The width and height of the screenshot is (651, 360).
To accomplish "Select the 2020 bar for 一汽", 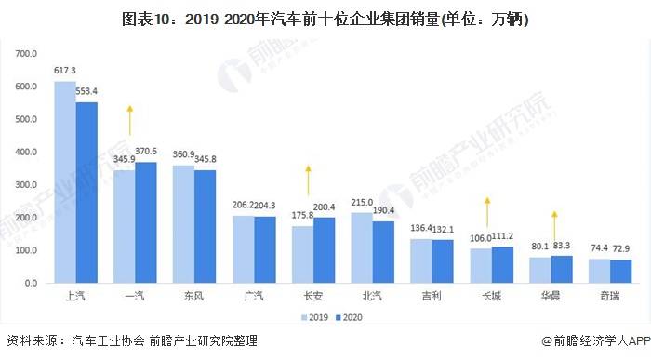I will coord(145,222).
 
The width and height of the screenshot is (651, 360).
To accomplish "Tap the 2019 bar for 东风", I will coord(183,224).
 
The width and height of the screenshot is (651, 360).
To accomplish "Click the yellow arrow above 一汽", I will coord(131,122).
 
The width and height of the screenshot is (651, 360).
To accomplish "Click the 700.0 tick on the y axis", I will coord(25,54).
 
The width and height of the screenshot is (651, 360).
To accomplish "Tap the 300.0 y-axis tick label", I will coord(25,184).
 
